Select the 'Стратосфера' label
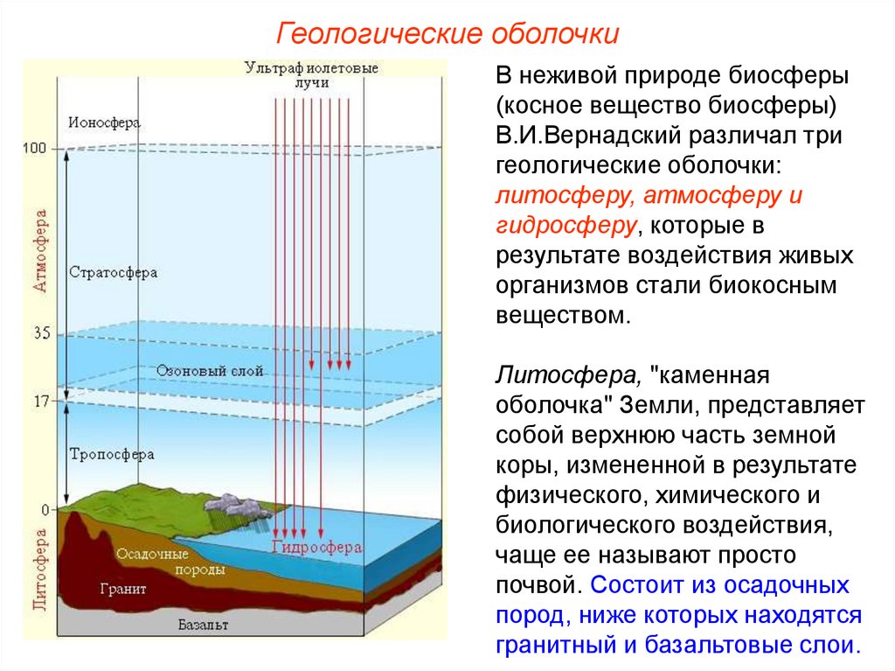point(113,272)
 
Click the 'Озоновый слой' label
point(210,371)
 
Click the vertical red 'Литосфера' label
point(40,568)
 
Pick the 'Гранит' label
point(123,589)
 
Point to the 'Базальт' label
point(203,626)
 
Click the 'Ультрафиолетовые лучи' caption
point(311,74)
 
